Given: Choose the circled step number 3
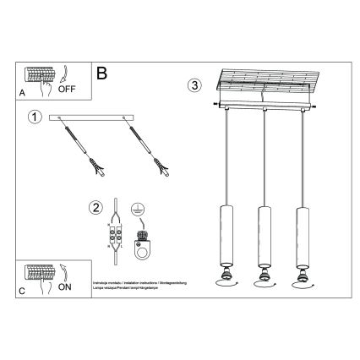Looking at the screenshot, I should click(x=194, y=85).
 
